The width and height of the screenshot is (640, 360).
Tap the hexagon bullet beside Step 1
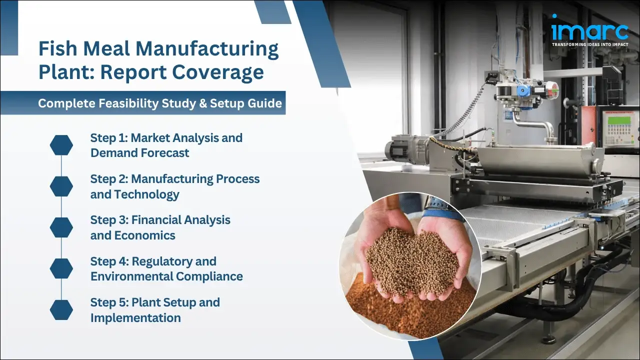coord(61,145)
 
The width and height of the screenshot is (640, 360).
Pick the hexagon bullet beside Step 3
coord(61,227)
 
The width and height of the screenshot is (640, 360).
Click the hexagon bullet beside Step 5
coord(61,310)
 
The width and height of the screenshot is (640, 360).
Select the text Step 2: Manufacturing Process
coord(174,179)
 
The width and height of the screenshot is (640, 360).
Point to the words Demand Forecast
coord(139,153)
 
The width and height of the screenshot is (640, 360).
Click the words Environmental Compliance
coord(166,276)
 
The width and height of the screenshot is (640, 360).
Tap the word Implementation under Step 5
coord(135,317)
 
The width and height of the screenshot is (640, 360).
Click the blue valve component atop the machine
coord(523,90)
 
